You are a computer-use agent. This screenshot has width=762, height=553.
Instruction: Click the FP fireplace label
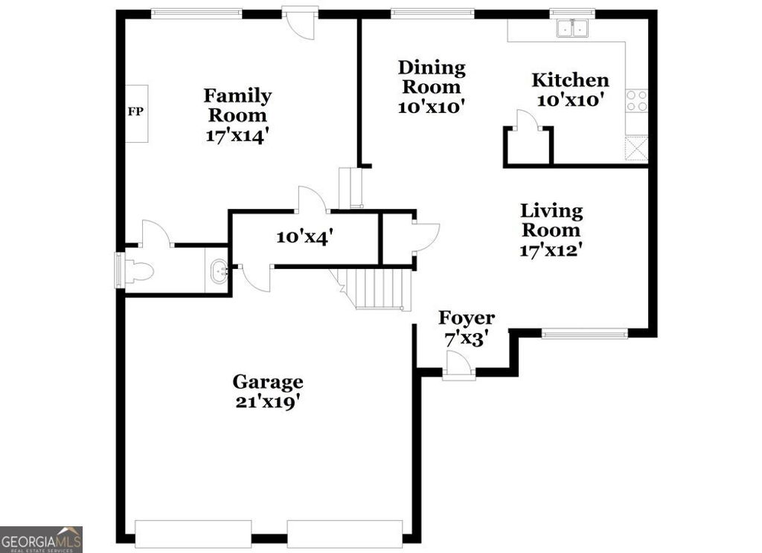click(135, 113)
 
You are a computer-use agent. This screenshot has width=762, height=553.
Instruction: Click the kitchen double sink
click(573, 29)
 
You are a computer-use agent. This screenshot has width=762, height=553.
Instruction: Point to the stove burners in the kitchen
click(637, 101)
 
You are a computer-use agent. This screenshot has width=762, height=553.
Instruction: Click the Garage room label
click(268, 382)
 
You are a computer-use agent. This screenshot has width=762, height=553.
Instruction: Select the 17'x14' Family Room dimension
click(237, 136)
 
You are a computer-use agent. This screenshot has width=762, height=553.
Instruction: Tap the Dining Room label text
click(432, 77)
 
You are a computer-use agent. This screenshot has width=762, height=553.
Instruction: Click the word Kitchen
click(570, 80)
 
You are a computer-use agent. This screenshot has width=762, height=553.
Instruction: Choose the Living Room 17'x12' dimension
click(550, 250)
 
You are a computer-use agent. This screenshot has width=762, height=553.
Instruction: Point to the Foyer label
click(467, 318)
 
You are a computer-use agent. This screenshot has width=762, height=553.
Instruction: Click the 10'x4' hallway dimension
click(304, 237)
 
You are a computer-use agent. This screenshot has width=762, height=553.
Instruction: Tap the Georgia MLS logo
click(41, 539)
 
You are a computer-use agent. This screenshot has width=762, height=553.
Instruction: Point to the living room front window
click(584, 334)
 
